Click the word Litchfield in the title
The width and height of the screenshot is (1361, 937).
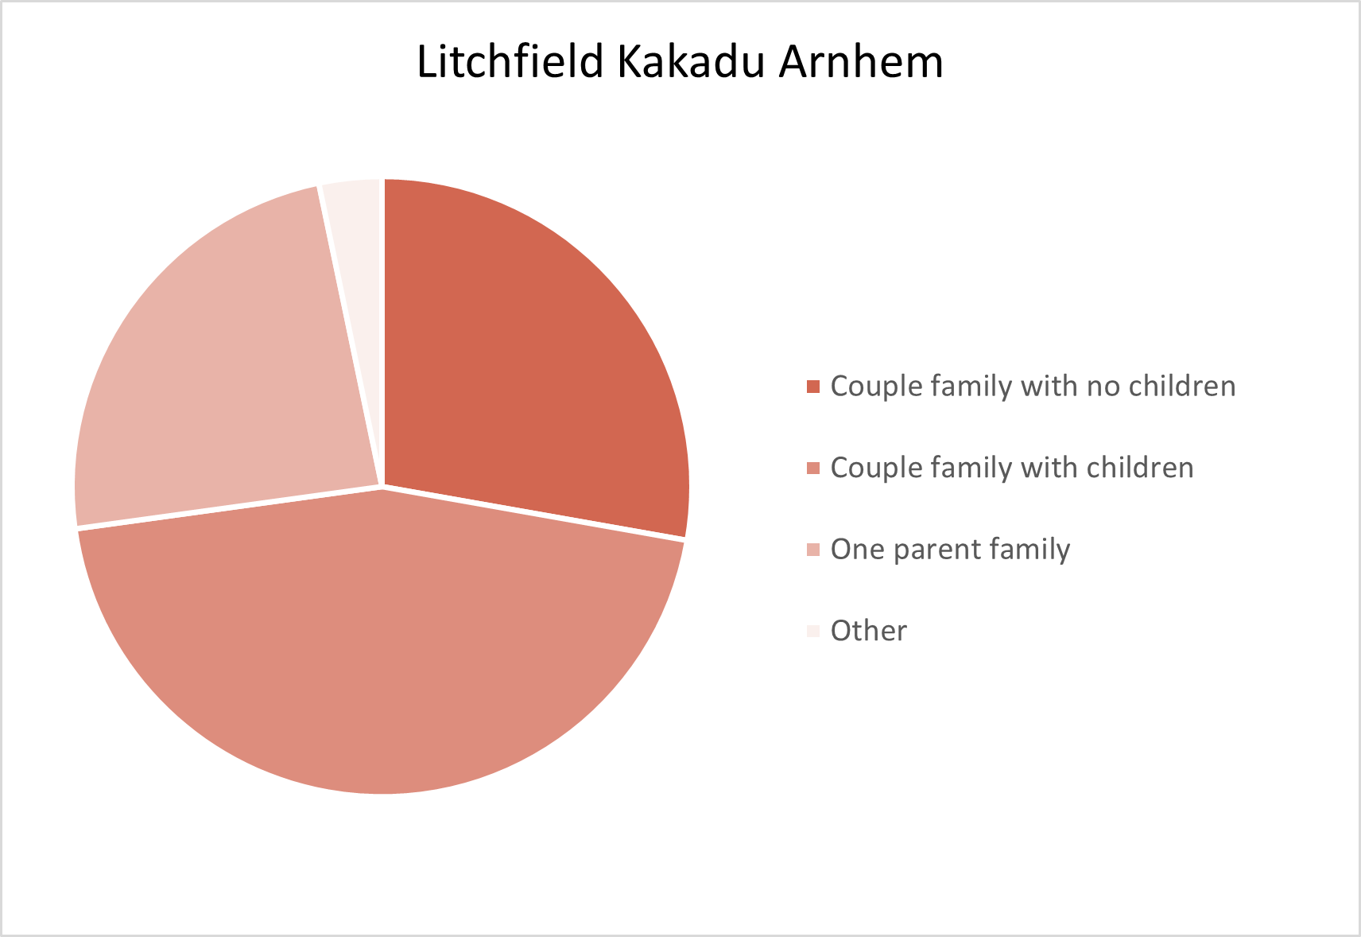pyautogui.click(x=510, y=61)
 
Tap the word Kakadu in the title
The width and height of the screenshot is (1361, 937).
pyautogui.click(x=691, y=61)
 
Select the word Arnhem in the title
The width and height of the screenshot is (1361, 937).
pyautogui.click(x=861, y=61)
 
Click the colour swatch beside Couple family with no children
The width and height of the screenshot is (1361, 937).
pyautogui.click(x=813, y=387)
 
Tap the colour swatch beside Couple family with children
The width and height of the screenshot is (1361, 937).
pyautogui.click(x=813, y=468)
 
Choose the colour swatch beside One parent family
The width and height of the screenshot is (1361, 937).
pyautogui.click(x=813, y=550)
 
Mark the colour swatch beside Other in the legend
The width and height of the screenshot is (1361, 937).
pyautogui.click(x=813, y=631)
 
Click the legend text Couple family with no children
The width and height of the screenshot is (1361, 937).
pyautogui.click(x=1033, y=386)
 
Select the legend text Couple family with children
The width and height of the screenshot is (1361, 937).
pyautogui.click(x=1012, y=468)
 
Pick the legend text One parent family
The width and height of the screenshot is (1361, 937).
pyautogui.click(x=950, y=550)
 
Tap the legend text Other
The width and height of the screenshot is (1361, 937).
pyautogui.click(x=868, y=631)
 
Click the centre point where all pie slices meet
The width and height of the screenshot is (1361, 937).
pyautogui.click(x=382, y=487)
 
